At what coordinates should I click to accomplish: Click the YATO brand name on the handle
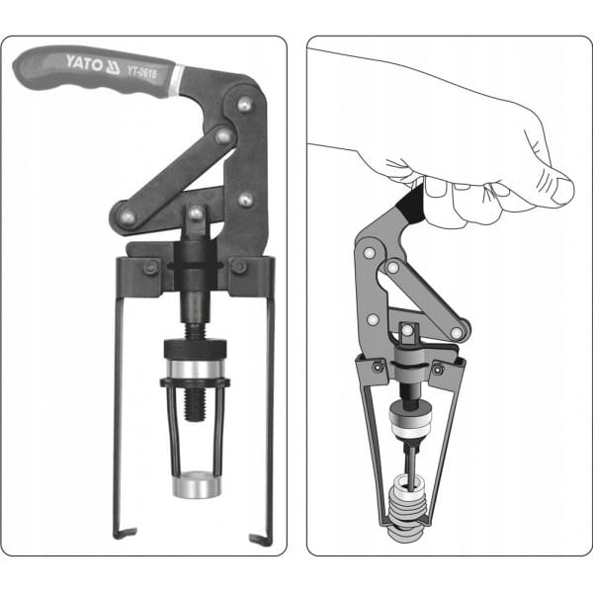[84, 63]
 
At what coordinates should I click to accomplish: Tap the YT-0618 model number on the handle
[141, 71]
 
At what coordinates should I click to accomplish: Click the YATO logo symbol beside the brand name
[113, 66]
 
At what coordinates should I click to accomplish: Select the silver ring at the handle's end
[177, 79]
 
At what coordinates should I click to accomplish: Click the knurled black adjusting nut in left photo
[195, 349]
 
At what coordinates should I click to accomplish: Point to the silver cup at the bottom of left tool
[197, 484]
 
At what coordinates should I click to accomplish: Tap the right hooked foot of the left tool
[261, 539]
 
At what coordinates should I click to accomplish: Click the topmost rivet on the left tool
[245, 104]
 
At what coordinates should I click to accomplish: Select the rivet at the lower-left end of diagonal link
[127, 217]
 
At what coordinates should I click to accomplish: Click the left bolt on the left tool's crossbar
[150, 268]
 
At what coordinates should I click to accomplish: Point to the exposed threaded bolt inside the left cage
[195, 404]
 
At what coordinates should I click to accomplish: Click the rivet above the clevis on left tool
[196, 213]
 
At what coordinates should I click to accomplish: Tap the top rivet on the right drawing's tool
[369, 252]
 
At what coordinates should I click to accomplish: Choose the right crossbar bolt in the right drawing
[439, 368]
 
